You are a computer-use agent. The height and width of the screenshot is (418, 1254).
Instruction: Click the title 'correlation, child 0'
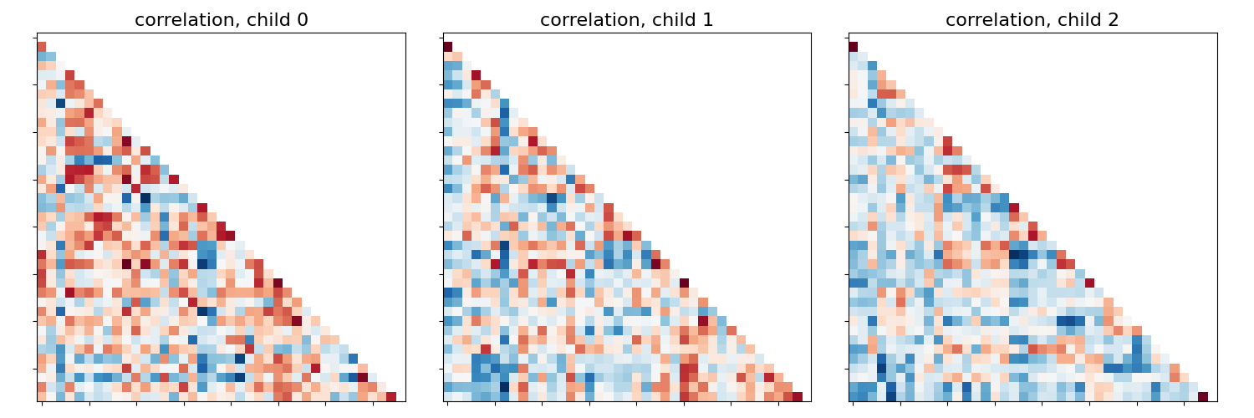pos(222,20)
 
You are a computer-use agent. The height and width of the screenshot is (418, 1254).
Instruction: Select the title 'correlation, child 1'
pos(627,20)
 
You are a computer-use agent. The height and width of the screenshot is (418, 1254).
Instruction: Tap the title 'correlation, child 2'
pos(1032,20)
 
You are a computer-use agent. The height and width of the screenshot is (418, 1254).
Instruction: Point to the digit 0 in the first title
pos(303,20)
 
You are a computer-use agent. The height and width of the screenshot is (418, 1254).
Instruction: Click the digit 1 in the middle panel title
pos(708,20)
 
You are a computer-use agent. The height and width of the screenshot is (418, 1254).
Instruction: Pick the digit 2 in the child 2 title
pos(1114,20)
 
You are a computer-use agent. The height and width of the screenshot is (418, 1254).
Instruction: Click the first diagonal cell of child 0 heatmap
pos(42,47)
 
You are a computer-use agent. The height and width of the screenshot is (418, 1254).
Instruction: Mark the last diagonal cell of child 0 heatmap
pos(391,396)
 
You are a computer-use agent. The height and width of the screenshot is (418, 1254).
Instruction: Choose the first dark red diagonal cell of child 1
pos(447,47)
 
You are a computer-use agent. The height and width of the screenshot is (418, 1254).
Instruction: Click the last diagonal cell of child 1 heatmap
pos(797,396)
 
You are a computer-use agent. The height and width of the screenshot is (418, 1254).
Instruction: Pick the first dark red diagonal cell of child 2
pos(853,47)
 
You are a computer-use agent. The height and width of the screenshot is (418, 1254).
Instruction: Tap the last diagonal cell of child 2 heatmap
pos(1202,396)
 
